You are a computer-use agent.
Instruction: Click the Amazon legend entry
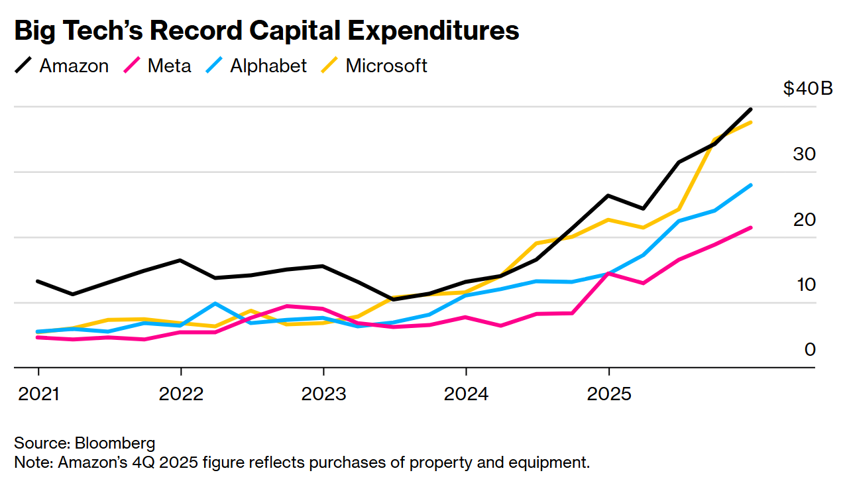tap(74, 66)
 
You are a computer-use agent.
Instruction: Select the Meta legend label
tap(169, 66)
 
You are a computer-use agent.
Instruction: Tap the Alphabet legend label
tap(268, 66)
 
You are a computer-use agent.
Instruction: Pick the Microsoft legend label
tap(386, 66)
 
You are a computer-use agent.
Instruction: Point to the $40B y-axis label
tap(807, 88)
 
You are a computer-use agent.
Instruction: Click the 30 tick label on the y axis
tap(804, 154)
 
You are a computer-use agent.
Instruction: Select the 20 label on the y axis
tap(804, 219)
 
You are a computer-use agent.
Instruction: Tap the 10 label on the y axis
tap(804, 284)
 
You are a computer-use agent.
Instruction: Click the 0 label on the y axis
tap(810, 349)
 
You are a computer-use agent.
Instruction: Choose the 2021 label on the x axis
tap(38, 394)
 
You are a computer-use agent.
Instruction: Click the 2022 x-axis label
tap(181, 394)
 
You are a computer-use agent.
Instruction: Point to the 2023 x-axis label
tap(323, 394)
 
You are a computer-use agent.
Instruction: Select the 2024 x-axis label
tap(467, 394)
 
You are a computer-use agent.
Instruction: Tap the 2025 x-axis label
tap(609, 394)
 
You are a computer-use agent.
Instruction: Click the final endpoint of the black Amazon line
tap(750, 109)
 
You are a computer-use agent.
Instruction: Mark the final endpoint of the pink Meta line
tap(750, 228)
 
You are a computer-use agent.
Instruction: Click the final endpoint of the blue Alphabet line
tap(750, 185)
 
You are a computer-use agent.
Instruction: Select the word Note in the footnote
tap(30, 462)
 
